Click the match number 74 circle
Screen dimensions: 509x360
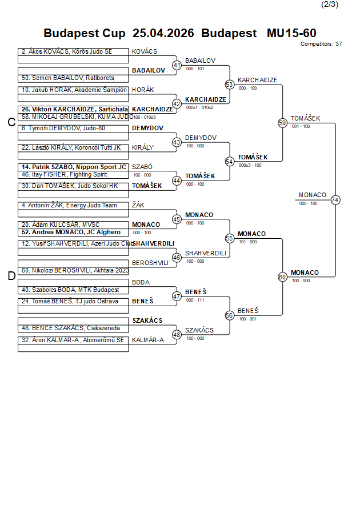point(335,200)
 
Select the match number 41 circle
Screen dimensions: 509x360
point(177,65)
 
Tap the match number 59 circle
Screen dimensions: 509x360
point(282,123)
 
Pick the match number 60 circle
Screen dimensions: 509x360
point(282,277)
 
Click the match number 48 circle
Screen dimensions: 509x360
point(177,335)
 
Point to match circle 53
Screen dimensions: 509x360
point(230,85)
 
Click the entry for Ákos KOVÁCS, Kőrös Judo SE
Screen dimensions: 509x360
point(67,51)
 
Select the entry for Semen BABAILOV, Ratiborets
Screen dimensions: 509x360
point(68,78)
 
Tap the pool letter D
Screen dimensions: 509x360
point(11,276)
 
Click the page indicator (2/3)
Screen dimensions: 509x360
point(330,5)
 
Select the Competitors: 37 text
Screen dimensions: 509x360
point(321,43)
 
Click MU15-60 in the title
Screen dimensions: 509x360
point(291,33)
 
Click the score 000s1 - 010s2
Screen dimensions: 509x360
point(199,107)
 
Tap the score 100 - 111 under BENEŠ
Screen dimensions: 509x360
point(195,300)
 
